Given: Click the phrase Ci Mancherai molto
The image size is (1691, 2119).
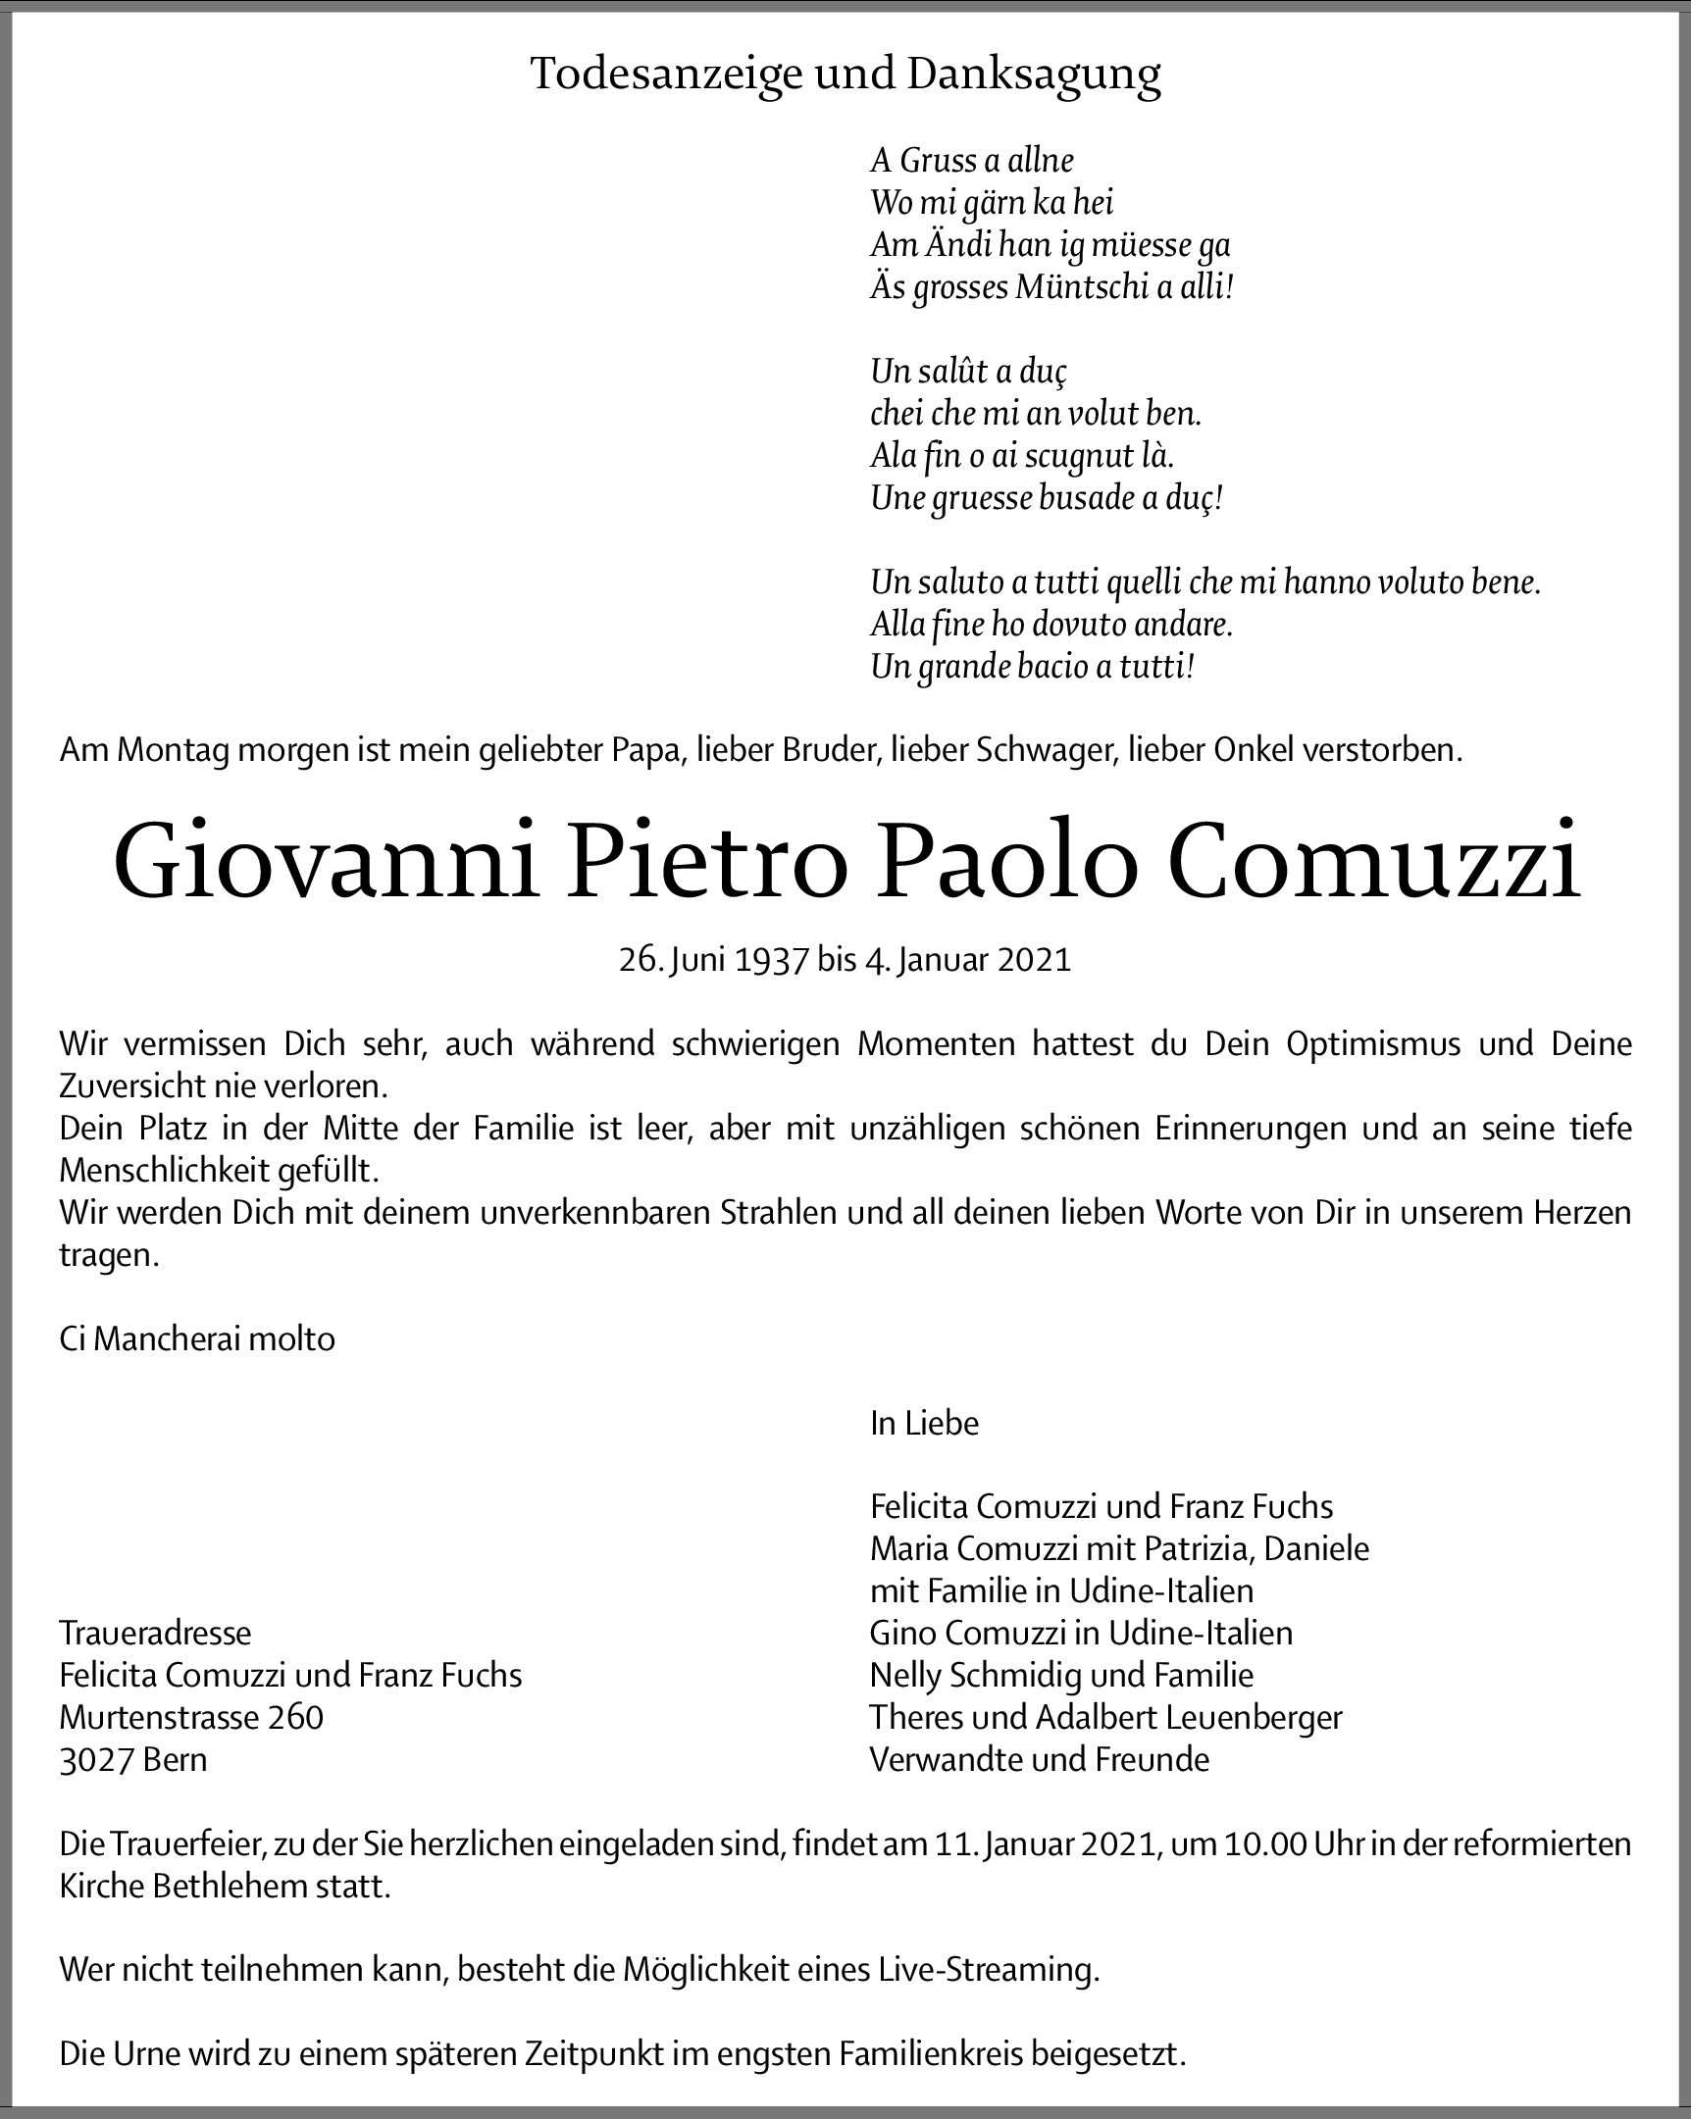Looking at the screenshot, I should (x=196, y=1338).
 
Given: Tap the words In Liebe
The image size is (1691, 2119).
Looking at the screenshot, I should (x=924, y=1423).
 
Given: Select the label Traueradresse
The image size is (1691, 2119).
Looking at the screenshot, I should (x=155, y=1633).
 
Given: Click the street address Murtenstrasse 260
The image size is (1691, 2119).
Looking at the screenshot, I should (x=190, y=1717).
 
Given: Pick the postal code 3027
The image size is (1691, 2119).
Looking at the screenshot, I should (x=93, y=1759).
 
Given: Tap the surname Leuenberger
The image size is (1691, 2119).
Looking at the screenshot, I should (x=1254, y=1717).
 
